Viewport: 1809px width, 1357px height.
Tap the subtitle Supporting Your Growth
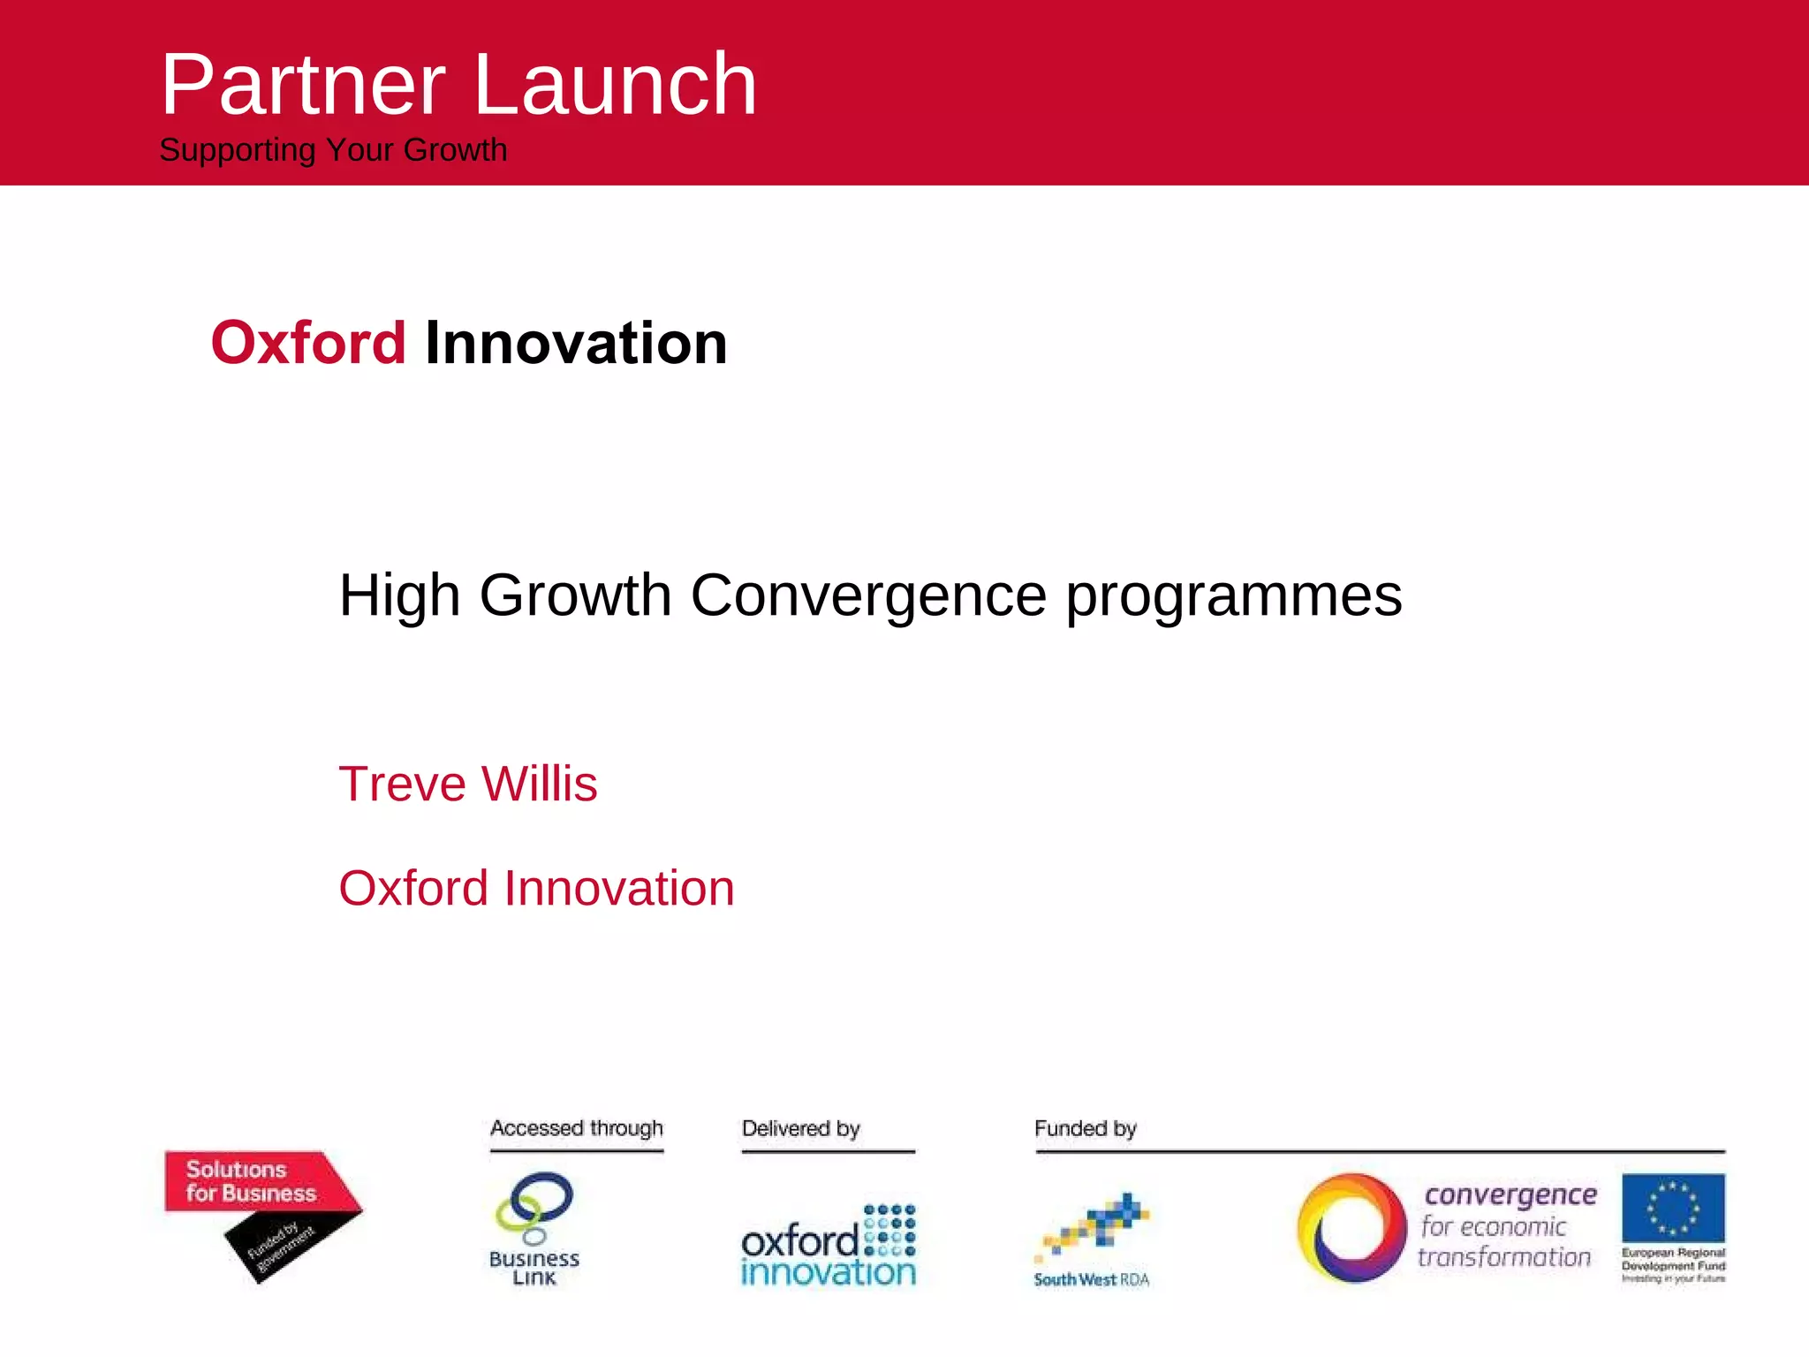coord(333,150)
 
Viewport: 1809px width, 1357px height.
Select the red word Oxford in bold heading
coord(308,343)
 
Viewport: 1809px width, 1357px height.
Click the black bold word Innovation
coord(576,343)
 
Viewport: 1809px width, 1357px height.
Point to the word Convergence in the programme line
coord(867,595)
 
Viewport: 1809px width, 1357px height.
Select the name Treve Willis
coord(468,784)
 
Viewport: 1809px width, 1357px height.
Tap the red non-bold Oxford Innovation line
coord(536,888)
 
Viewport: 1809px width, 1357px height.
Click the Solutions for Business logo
coord(251,1182)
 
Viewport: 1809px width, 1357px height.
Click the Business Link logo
coord(534,1228)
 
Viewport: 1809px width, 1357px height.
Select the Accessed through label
coord(576,1128)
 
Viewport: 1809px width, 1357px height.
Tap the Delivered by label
coord(800,1128)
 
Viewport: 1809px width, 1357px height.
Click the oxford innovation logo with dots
coord(829,1246)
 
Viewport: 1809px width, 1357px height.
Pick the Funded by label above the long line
coord(1085,1128)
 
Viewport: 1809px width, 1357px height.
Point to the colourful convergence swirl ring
coord(1351,1228)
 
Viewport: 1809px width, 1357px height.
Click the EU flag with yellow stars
coord(1673,1207)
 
